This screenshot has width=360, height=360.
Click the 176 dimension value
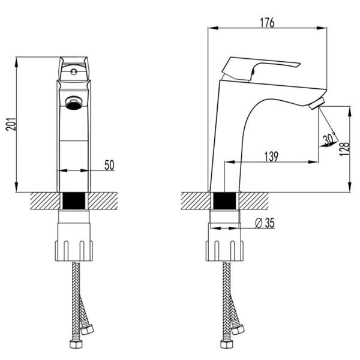tap(268, 23)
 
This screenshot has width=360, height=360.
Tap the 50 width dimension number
tap(109, 165)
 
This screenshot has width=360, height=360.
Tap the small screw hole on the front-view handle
tap(73, 71)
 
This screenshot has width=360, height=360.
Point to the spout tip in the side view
tap(316, 104)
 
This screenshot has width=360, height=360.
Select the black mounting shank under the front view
tap(75, 201)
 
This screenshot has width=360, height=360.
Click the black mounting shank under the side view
tap(224, 201)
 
